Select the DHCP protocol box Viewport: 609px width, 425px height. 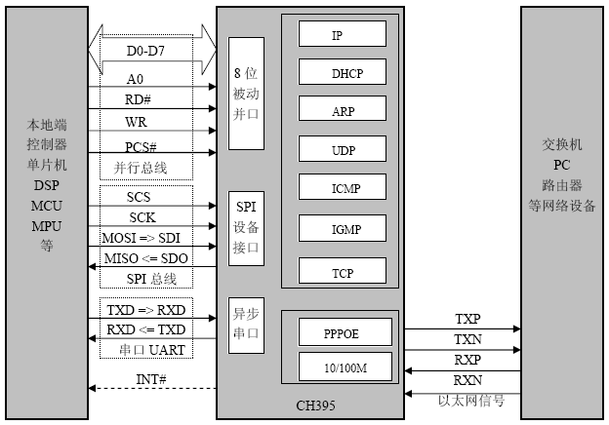(x=342, y=71)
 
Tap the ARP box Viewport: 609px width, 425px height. (x=342, y=109)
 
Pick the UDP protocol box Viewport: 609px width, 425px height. (x=342, y=149)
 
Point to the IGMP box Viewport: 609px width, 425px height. (x=342, y=228)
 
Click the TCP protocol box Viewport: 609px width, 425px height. (x=342, y=269)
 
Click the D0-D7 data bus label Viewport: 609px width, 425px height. (x=145, y=51)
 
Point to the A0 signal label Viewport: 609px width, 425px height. (x=137, y=77)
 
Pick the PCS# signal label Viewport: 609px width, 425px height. (x=142, y=145)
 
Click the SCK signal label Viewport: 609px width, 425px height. (x=142, y=216)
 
